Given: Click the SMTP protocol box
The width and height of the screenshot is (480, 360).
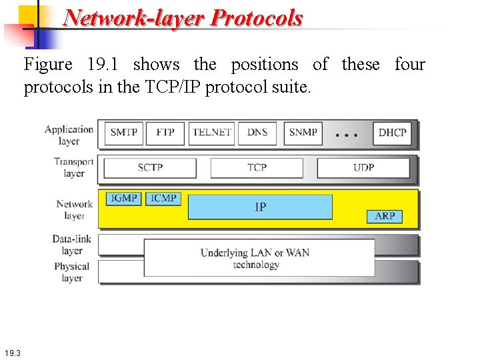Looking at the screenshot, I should click(124, 133).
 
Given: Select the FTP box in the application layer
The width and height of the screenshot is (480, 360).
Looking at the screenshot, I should click(165, 133).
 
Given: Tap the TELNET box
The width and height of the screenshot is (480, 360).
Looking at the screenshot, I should click(211, 133).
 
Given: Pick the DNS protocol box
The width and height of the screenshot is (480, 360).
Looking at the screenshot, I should click(257, 133).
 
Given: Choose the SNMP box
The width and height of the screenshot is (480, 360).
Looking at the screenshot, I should click(303, 133).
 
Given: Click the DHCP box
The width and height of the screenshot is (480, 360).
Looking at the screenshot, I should click(392, 133).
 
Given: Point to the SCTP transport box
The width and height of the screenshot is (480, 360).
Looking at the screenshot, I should click(150, 168).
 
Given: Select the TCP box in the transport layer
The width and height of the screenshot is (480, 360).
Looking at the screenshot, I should click(257, 168).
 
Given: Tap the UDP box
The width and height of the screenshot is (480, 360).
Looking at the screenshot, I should click(363, 168).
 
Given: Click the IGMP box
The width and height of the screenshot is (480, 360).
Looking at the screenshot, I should click(124, 199).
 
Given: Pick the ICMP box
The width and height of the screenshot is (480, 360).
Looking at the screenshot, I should click(164, 199).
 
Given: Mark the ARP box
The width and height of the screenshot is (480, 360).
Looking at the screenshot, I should click(385, 216).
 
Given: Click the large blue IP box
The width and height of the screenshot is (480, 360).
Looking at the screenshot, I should click(260, 207).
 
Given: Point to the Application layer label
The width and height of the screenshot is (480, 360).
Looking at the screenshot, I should click(69, 135).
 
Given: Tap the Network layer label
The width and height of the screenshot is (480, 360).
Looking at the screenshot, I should click(74, 209).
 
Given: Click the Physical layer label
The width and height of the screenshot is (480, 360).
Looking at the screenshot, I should click(72, 272).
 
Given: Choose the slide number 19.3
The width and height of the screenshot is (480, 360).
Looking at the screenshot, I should click(12, 352).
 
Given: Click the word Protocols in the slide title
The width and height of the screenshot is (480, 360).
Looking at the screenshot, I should click(256, 18).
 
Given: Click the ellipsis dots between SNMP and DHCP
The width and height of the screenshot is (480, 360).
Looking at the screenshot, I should click(346, 135).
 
